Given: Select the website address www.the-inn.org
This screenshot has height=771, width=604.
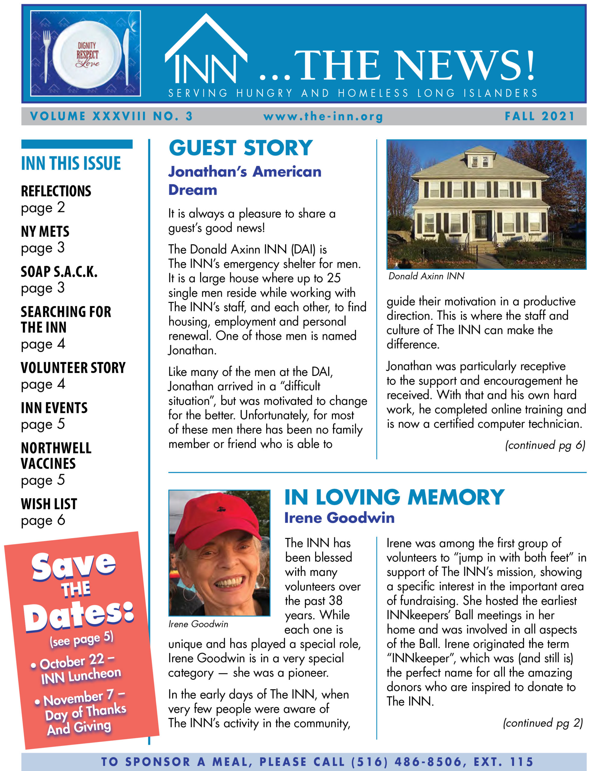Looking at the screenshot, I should [323, 117].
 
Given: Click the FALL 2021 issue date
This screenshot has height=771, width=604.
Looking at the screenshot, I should [540, 116].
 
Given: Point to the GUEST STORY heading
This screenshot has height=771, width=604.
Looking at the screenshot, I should [240, 148].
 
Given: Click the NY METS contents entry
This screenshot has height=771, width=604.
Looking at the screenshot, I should [45, 231].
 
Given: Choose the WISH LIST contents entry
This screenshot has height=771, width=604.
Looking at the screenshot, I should [49, 504].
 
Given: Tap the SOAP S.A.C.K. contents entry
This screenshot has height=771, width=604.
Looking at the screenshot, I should [59, 272].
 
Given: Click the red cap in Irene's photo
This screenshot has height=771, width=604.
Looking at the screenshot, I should [218, 522].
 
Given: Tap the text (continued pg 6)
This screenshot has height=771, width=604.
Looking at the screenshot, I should [545, 445].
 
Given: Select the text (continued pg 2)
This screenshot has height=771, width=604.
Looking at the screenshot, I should [543, 723].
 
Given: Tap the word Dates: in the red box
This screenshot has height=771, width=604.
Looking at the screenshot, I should [79, 616].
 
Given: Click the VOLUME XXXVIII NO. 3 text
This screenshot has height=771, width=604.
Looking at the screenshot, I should [111, 116].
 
